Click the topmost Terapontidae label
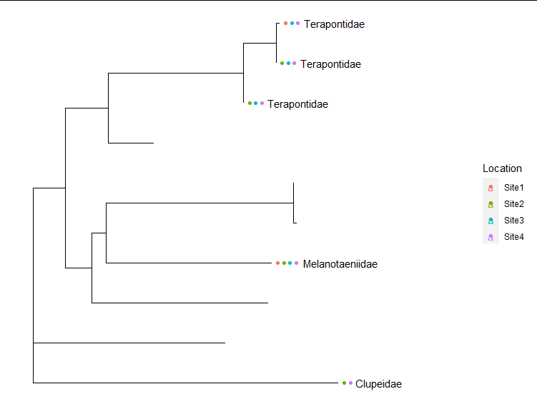[334, 24]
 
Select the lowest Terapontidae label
[297, 104]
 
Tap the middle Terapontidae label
[330, 64]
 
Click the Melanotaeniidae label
[340, 264]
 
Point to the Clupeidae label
[378, 384]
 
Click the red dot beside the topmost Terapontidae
[285, 24]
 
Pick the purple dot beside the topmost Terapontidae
[297, 24]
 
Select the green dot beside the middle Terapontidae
[282, 64]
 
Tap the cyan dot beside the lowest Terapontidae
[256, 103]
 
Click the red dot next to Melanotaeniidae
[277, 263]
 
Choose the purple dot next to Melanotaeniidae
[296, 263]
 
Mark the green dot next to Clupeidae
[345, 383]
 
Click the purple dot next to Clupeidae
[350, 383]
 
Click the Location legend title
[502, 168]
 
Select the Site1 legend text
[513, 188]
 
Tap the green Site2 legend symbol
[491, 204]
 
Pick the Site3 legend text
[513, 221]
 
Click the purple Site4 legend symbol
[491, 237]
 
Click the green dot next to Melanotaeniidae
[284, 263]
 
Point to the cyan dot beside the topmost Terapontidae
[292, 24]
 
